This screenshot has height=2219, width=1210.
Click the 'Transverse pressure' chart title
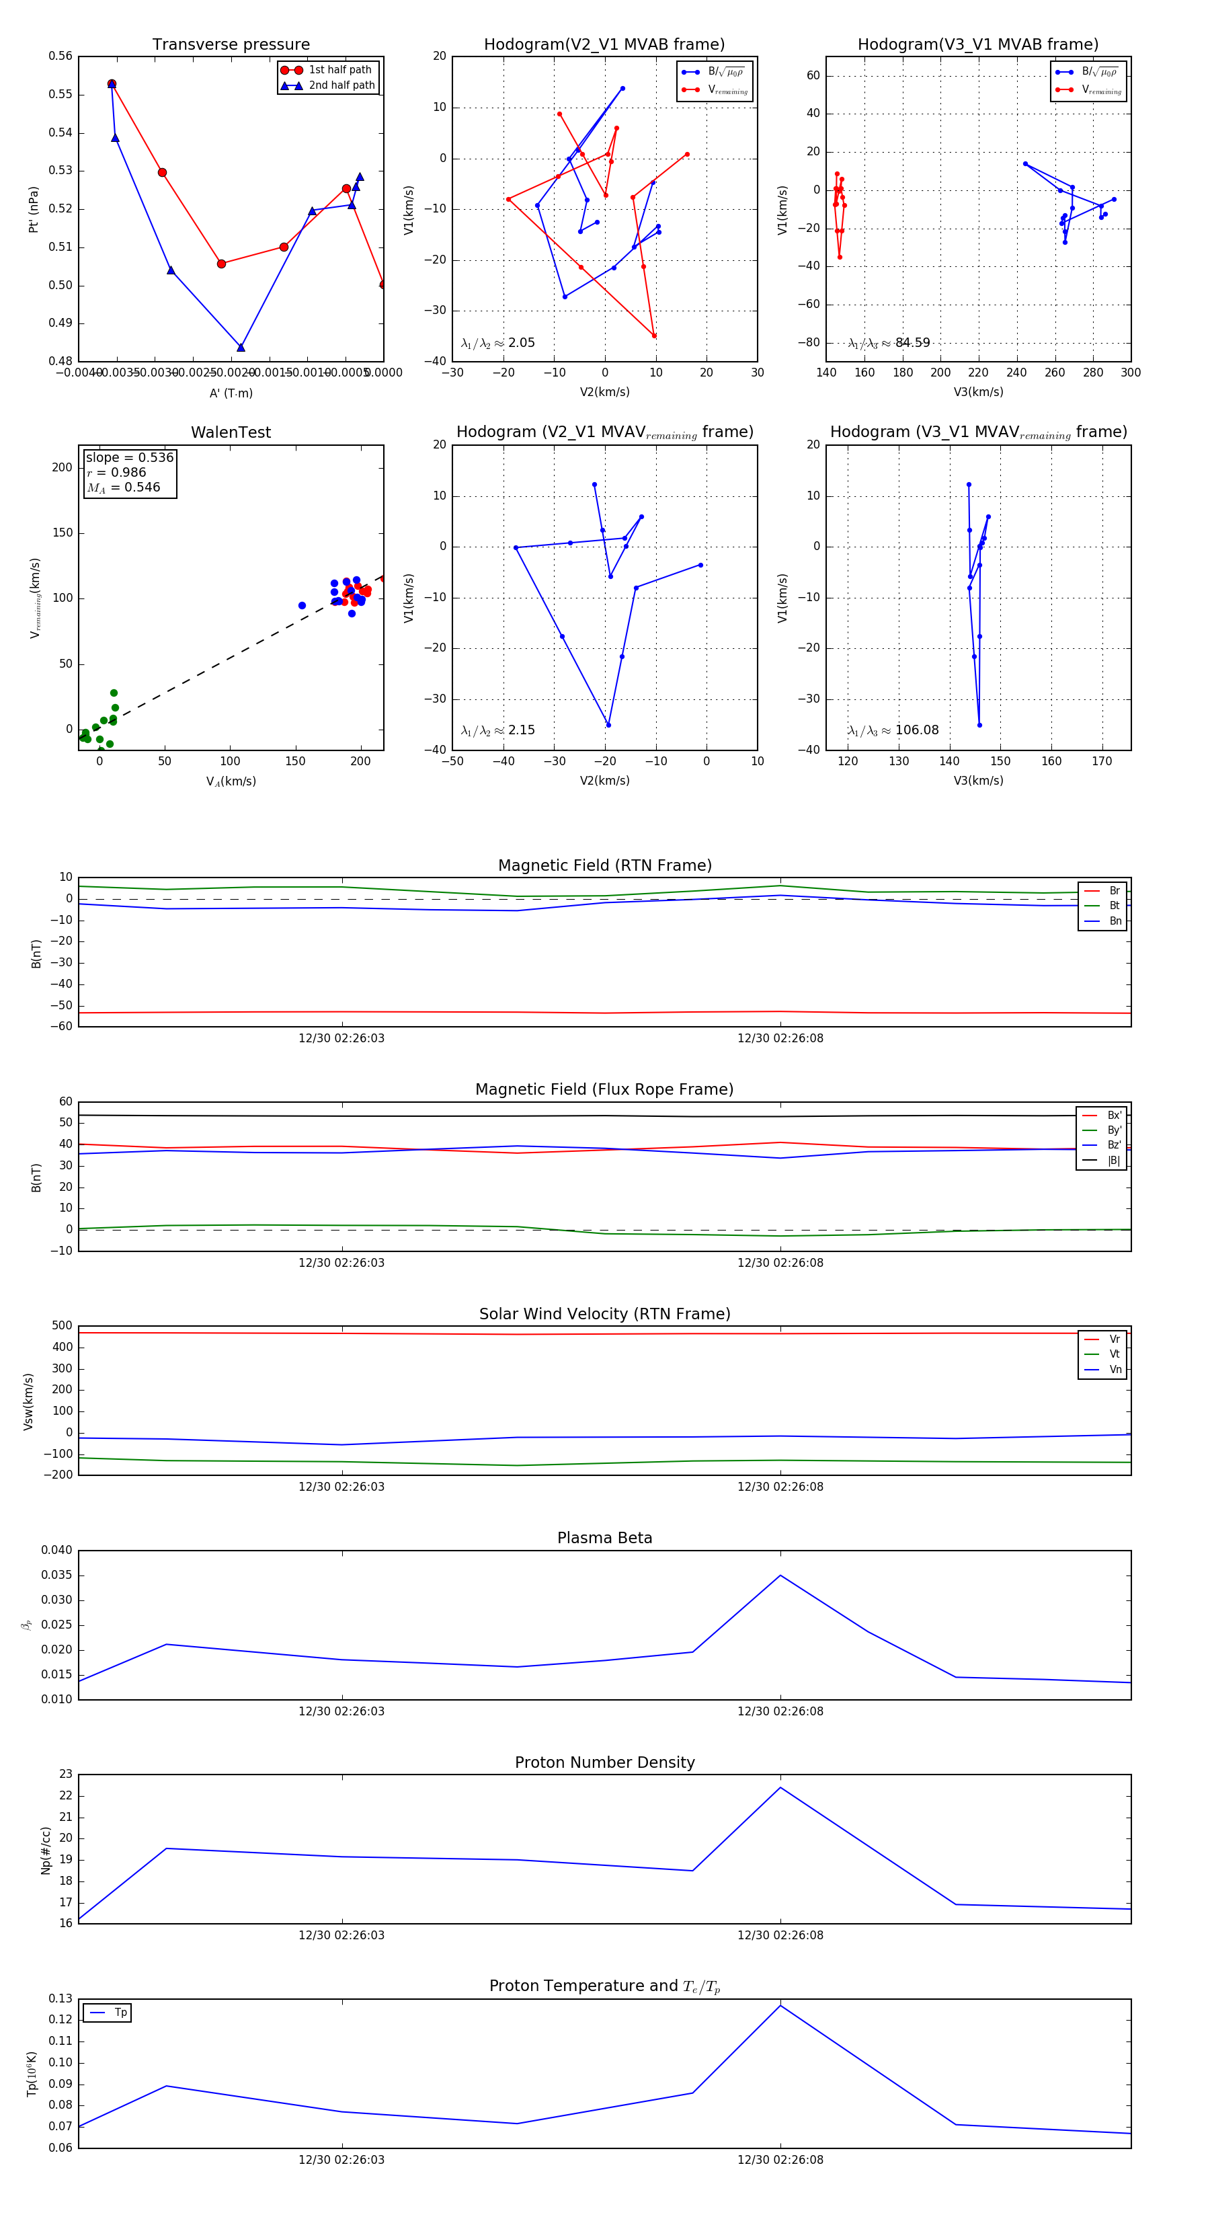(231, 45)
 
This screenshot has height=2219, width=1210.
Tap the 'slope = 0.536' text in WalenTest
(129, 457)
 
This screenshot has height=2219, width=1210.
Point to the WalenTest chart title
(231, 432)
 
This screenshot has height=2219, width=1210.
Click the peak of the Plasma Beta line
(780, 1575)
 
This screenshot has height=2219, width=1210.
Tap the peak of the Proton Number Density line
(780, 1787)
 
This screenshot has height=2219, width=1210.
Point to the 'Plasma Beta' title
(604, 1539)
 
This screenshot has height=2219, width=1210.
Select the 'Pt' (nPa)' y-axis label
(34, 209)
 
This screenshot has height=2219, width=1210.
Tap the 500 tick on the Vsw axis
(62, 1326)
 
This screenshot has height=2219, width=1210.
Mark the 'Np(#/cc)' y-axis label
(46, 1851)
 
